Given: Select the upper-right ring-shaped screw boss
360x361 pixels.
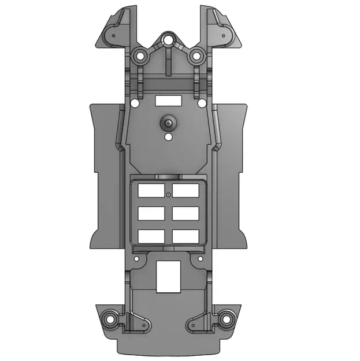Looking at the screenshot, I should coord(196,57).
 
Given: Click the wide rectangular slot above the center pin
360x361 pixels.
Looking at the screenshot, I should coord(168,101).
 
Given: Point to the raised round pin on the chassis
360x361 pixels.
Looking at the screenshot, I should coord(168,122).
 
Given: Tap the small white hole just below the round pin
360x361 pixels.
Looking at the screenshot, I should coord(168,138).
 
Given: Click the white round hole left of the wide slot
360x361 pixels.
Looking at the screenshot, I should coord(135,104).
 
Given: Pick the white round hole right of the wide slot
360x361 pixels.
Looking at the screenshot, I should coord(202,104).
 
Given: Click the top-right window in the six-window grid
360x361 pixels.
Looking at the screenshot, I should coord(185,191).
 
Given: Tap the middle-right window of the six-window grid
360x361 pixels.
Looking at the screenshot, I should coord(185,214).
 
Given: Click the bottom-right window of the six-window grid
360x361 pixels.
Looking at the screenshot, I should coord(185,236).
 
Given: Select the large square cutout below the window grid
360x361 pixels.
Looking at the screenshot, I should coord(168,275).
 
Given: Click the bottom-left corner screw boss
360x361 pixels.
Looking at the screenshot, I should coord(108,318).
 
